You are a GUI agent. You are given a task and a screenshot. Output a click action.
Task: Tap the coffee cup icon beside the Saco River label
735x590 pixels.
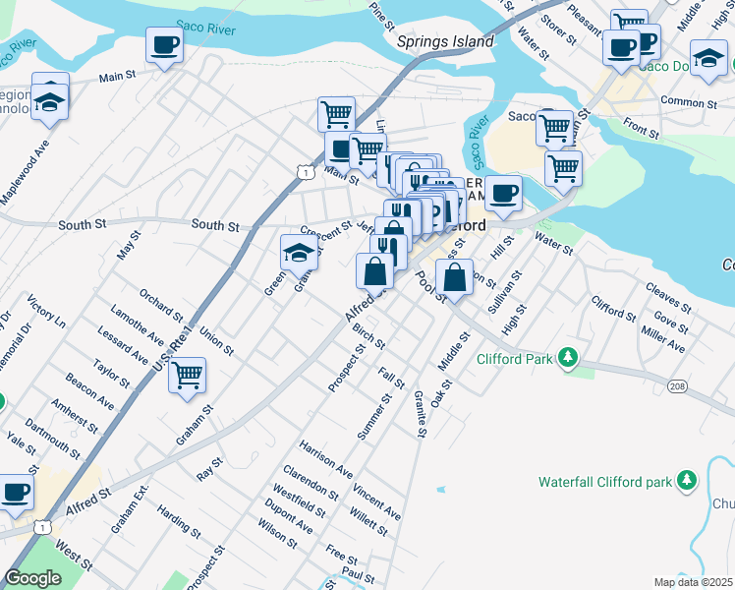click(165, 44)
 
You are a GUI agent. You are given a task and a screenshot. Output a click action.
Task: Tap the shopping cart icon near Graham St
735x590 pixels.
click(187, 375)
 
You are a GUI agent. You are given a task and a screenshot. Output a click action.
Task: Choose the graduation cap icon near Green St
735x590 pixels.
click(299, 254)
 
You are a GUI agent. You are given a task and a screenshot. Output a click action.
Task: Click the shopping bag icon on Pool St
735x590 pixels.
click(454, 277)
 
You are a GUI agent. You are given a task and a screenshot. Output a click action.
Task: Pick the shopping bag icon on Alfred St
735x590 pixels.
click(374, 270)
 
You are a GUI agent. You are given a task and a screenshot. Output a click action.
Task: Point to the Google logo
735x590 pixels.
click(32, 578)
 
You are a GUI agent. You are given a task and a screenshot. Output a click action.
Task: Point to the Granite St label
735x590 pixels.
click(420, 415)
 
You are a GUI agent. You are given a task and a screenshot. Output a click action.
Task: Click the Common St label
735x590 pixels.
click(683, 101)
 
